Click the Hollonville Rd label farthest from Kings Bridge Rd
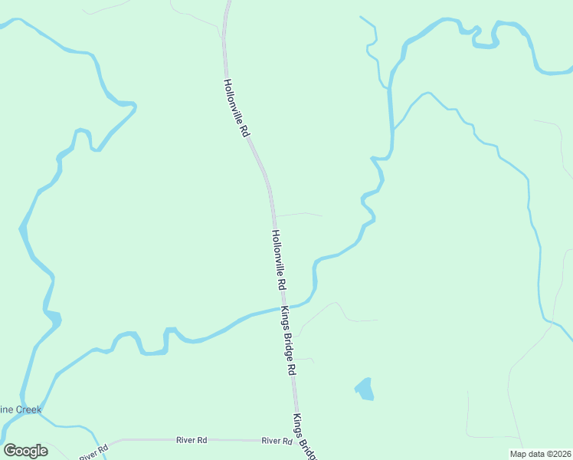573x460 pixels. [x=236, y=108]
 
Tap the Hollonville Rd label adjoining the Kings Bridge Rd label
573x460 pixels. [x=279, y=259]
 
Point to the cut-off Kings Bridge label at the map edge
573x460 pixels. [x=303, y=437]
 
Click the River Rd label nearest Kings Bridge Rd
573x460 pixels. [x=277, y=441]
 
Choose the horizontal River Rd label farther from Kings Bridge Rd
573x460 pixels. [x=192, y=440]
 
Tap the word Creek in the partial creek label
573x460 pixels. [x=25, y=409]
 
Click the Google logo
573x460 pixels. [x=25, y=451]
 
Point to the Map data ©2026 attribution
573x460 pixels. [x=540, y=454]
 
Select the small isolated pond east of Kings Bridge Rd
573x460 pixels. [x=365, y=389]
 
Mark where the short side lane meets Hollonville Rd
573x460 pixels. [x=273, y=215]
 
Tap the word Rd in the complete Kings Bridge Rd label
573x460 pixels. [x=292, y=367]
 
